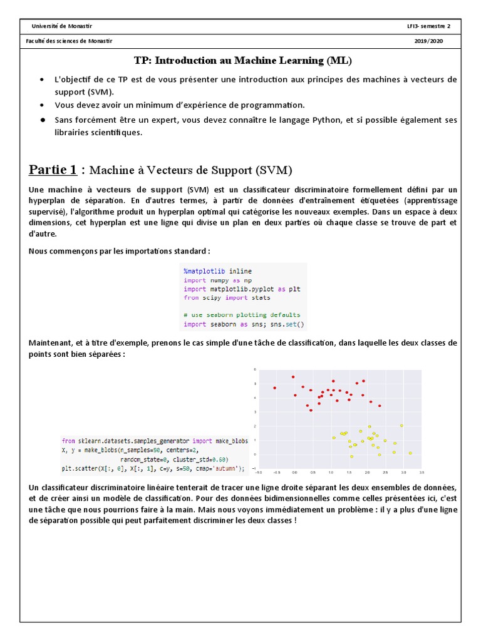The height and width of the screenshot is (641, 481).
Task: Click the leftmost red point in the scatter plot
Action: click(274, 388)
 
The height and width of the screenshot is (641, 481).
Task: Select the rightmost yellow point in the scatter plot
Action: click(410, 453)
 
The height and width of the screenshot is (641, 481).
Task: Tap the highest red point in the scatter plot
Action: click(292, 377)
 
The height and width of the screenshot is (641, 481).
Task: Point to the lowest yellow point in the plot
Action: click(351, 456)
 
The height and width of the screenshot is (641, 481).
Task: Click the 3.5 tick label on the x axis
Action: click(422, 472)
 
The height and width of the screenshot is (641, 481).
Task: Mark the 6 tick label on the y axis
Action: click(255, 369)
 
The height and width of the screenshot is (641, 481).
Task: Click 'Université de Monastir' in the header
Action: click(61, 26)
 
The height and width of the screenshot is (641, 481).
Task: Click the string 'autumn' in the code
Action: click(225, 468)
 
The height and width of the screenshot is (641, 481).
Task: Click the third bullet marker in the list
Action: click(41, 120)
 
